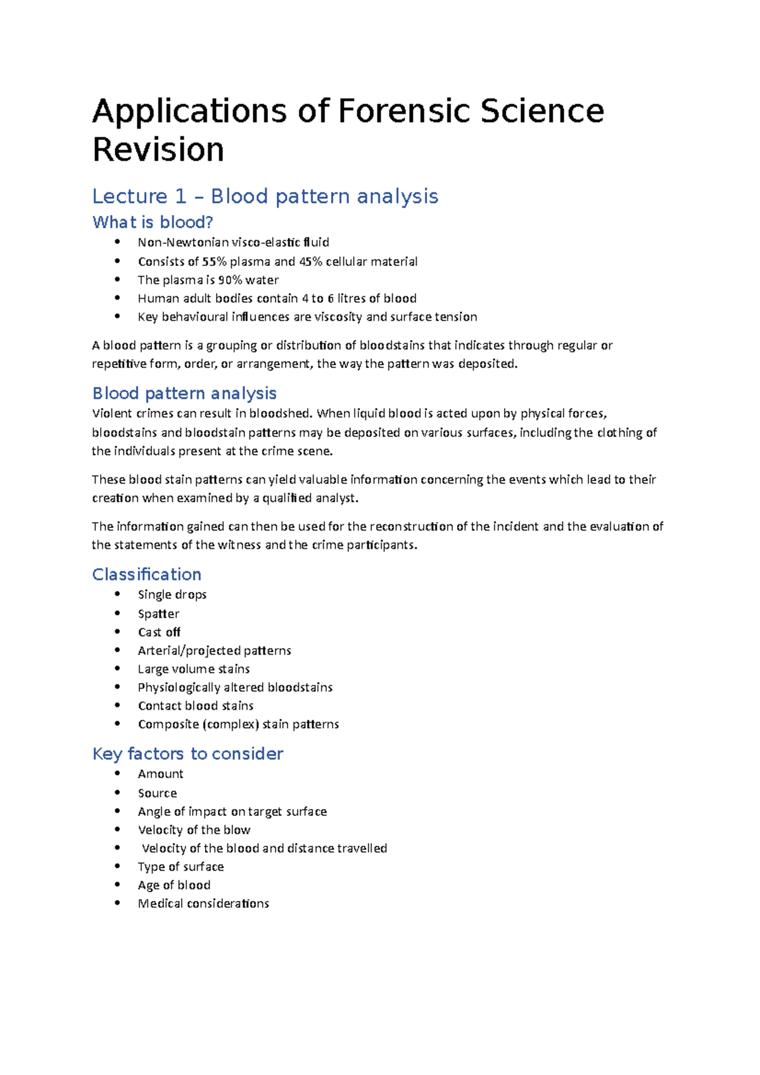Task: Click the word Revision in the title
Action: pos(158,150)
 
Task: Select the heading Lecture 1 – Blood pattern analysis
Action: pos(265,196)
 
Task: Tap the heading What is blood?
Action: pos(153,222)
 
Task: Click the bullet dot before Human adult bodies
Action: pos(117,298)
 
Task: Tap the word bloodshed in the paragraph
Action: pos(280,413)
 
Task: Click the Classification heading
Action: pos(147,574)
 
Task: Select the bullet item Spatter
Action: pos(159,613)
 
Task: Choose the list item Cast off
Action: pos(160,632)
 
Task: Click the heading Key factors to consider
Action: pos(187,753)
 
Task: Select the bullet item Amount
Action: pos(161,774)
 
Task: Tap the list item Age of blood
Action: pos(174,885)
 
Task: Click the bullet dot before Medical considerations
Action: pos(117,903)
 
